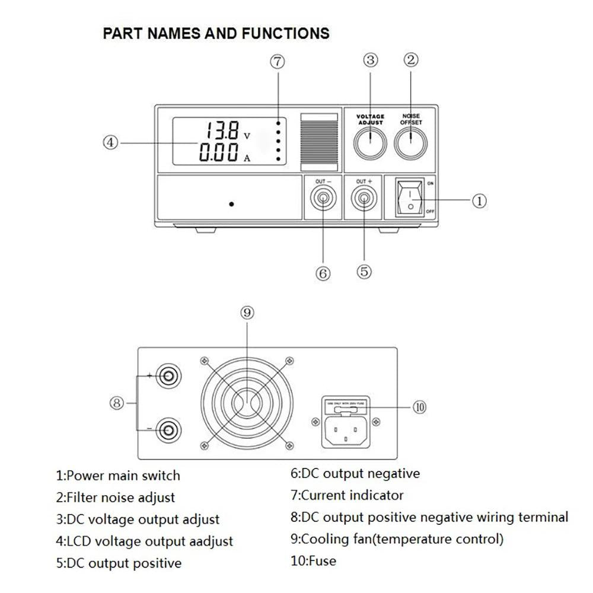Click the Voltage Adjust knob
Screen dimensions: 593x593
[x=369, y=142]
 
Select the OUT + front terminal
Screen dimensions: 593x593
[x=364, y=200]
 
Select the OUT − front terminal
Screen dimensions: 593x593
[x=323, y=200]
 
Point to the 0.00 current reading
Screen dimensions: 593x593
[x=219, y=153]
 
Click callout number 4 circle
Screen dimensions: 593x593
[x=111, y=142]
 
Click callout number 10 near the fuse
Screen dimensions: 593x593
[x=419, y=407]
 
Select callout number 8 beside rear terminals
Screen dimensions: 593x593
[x=117, y=403]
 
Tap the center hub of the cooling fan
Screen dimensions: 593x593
[x=247, y=402]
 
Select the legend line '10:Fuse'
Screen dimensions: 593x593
[x=313, y=560]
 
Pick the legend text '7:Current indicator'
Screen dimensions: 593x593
[x=347, y=495]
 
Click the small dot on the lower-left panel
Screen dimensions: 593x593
[x=231, y=204]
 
